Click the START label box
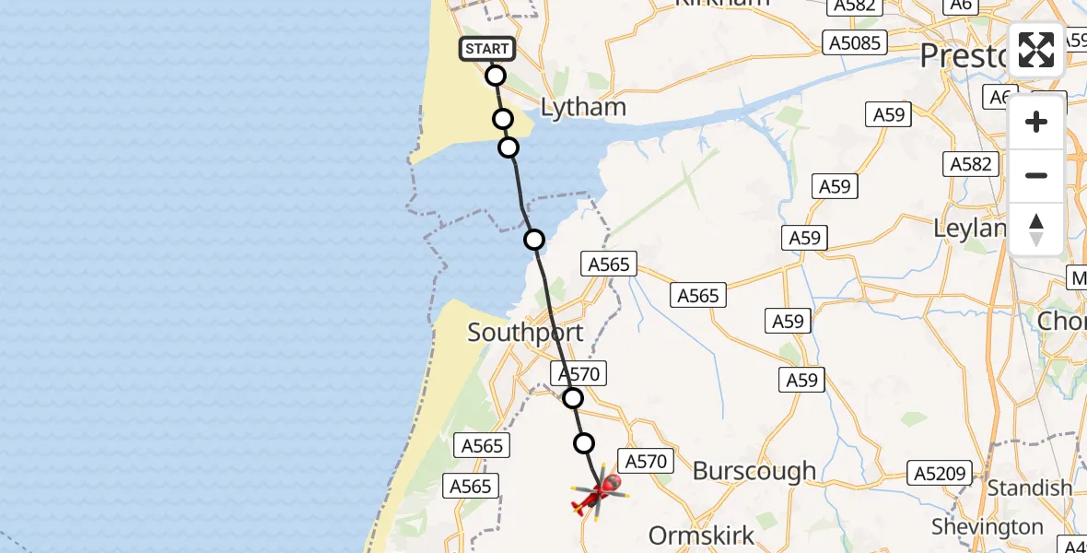[x=487, y=49]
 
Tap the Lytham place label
[x=583, y=108]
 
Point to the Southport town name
[x=525, y=333]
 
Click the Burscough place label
[x=754, y=471]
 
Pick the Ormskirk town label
[x=702, y=535]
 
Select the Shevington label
[x=987, y=527]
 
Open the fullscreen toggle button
[x=1036, y=50]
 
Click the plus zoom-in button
[x=1036, y=122]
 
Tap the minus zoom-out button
[x=1036, y=175]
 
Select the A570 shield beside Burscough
[x=646, y=462]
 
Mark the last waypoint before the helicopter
[x=584, y=443]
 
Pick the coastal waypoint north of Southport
[x=534, y=240]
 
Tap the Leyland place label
[x=966, y=228]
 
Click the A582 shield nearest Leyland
[x=971, y=164]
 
